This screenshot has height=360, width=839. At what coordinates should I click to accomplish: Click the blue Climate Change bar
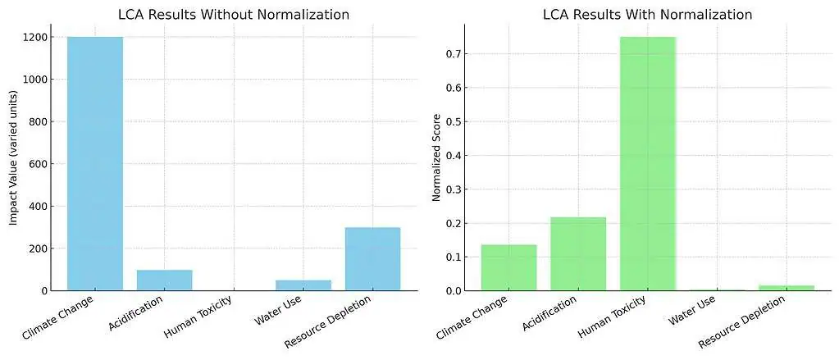point(95,164)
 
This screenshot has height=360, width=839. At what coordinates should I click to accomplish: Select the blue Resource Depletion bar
point(372,259)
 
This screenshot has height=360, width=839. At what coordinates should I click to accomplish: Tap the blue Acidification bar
point(164,280)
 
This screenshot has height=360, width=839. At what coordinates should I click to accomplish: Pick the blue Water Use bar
point(303,285)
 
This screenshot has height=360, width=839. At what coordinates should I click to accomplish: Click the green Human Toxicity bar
point(647,164)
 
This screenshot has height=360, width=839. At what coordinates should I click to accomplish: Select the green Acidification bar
point(578,253)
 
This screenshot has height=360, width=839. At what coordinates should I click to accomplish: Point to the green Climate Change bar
point(508,267)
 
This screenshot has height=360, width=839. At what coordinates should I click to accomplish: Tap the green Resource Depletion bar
point(786,288)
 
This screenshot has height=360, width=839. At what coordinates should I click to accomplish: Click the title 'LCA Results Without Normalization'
point(234,14)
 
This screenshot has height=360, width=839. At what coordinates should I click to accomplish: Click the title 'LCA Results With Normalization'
point(647,14)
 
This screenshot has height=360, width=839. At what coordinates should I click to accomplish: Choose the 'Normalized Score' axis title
point(436,157)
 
